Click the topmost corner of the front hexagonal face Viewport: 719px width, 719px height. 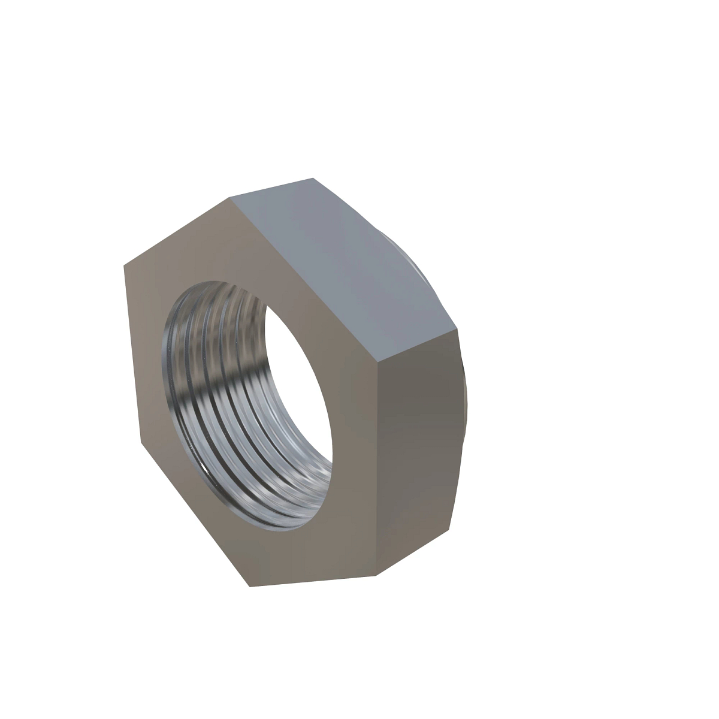click(229, 197)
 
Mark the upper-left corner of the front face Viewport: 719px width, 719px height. click(124, 265)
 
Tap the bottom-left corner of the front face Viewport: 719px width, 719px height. click(249, 586)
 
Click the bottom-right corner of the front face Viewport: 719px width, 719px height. click(376, 576)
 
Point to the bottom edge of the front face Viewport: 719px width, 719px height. click(312, 581)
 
